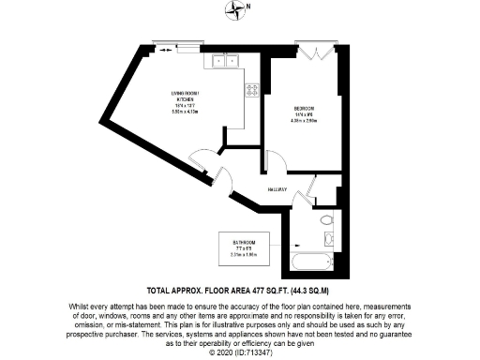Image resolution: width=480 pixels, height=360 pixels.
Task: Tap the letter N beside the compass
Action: pos(250,8)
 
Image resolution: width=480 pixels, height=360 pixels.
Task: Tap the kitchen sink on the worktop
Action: pos(226,62)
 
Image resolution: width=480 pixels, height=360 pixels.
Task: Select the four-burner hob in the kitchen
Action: pos(251,90)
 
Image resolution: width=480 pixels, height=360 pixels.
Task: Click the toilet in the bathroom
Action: pos(324,220)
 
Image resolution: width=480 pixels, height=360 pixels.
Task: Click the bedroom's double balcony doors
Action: pos(311,50)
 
